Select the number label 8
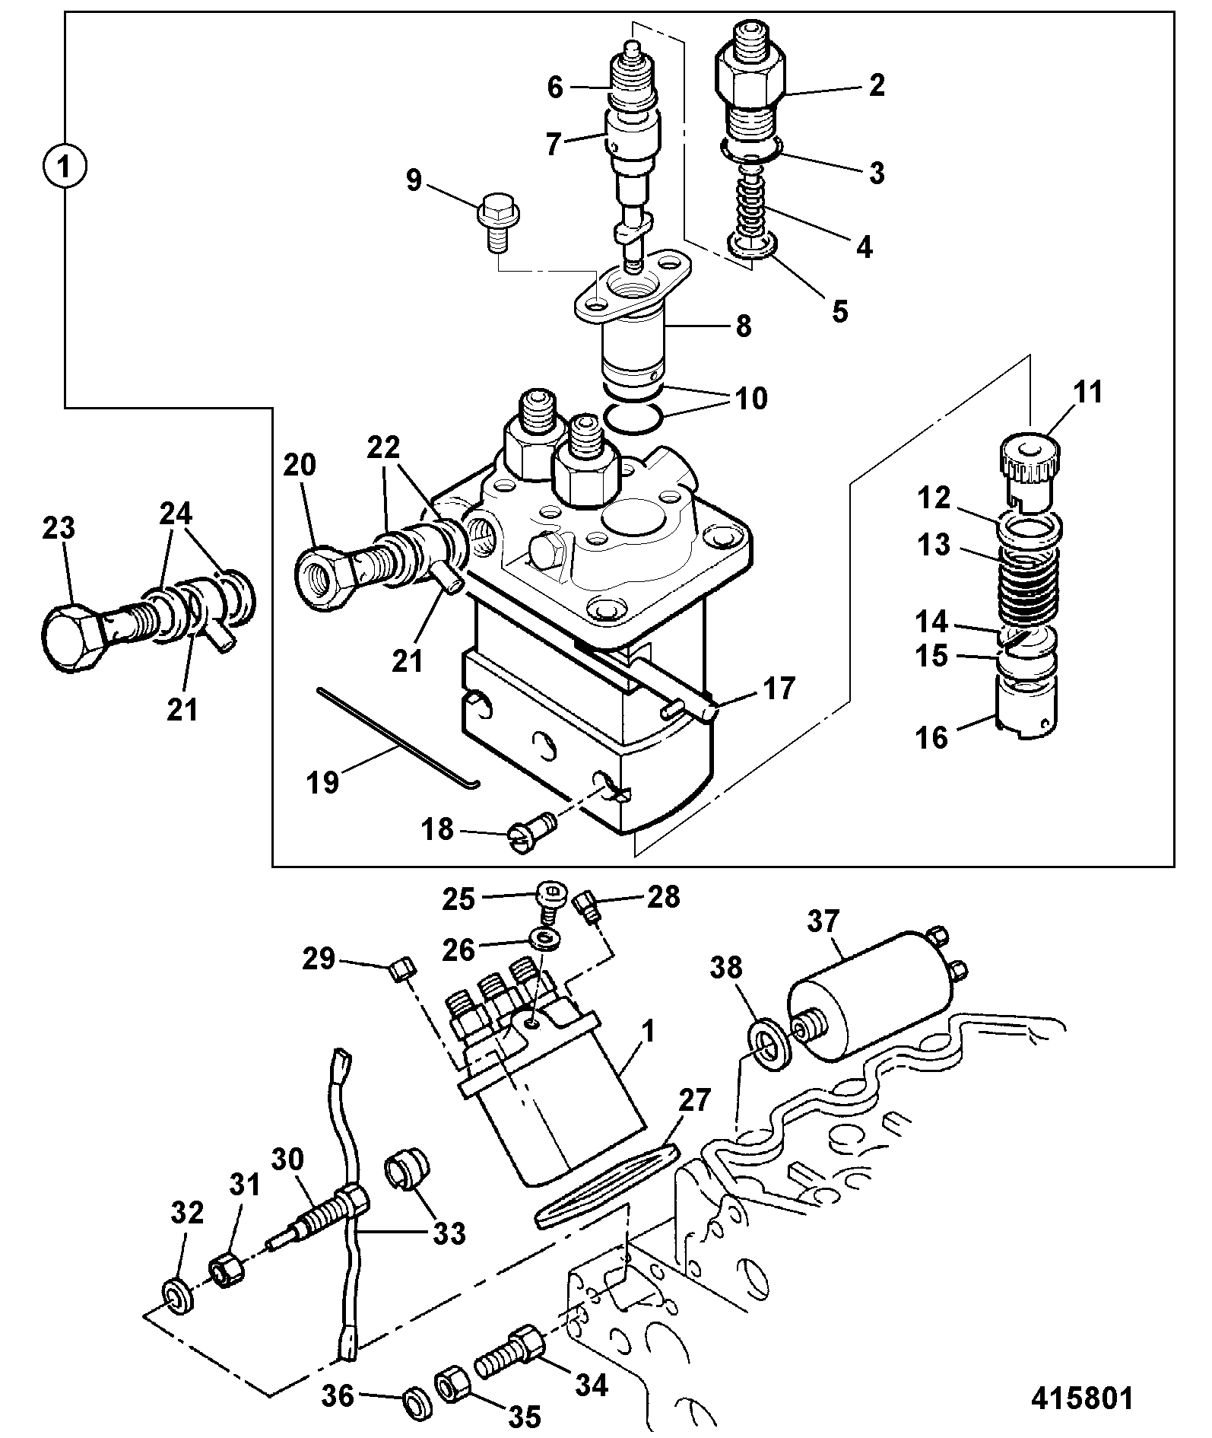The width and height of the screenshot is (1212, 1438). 742,326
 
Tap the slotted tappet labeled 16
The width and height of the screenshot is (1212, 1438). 1026,705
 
